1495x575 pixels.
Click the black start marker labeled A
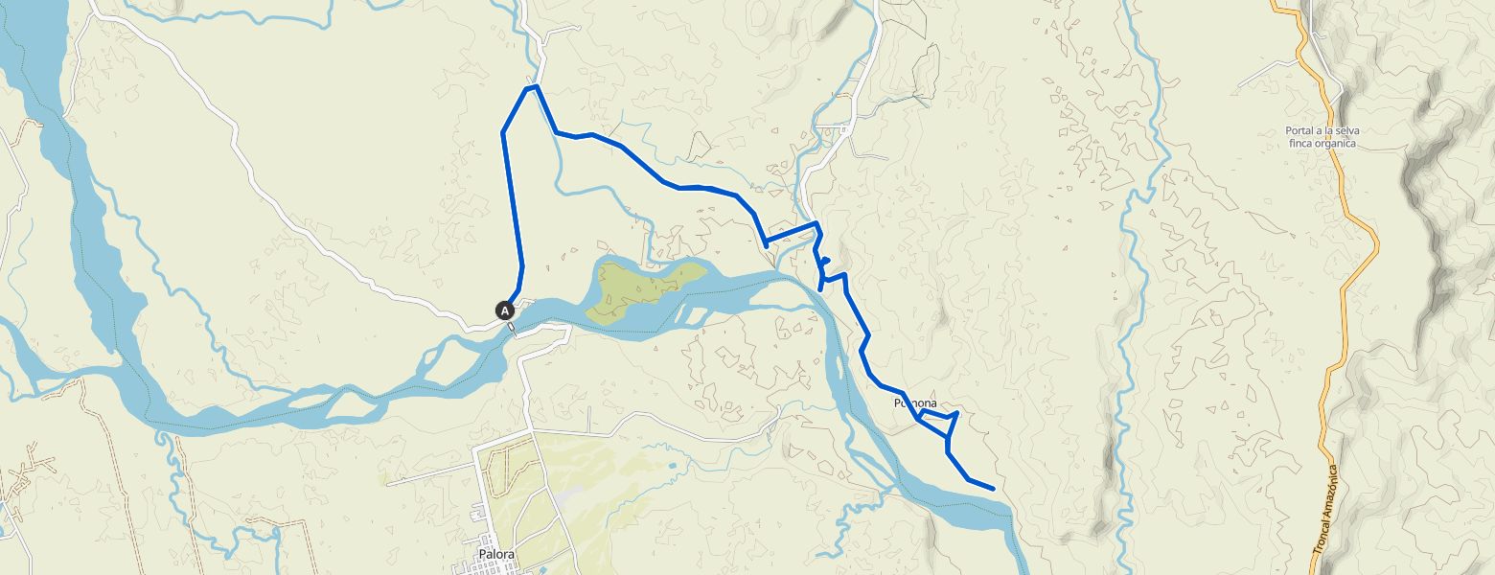505,310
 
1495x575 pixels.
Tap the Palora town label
498,554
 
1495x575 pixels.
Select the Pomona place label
914,403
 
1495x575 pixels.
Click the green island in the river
642,287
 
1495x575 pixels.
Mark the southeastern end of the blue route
992,489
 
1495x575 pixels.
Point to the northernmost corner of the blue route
531,87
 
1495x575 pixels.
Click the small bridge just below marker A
512,329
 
